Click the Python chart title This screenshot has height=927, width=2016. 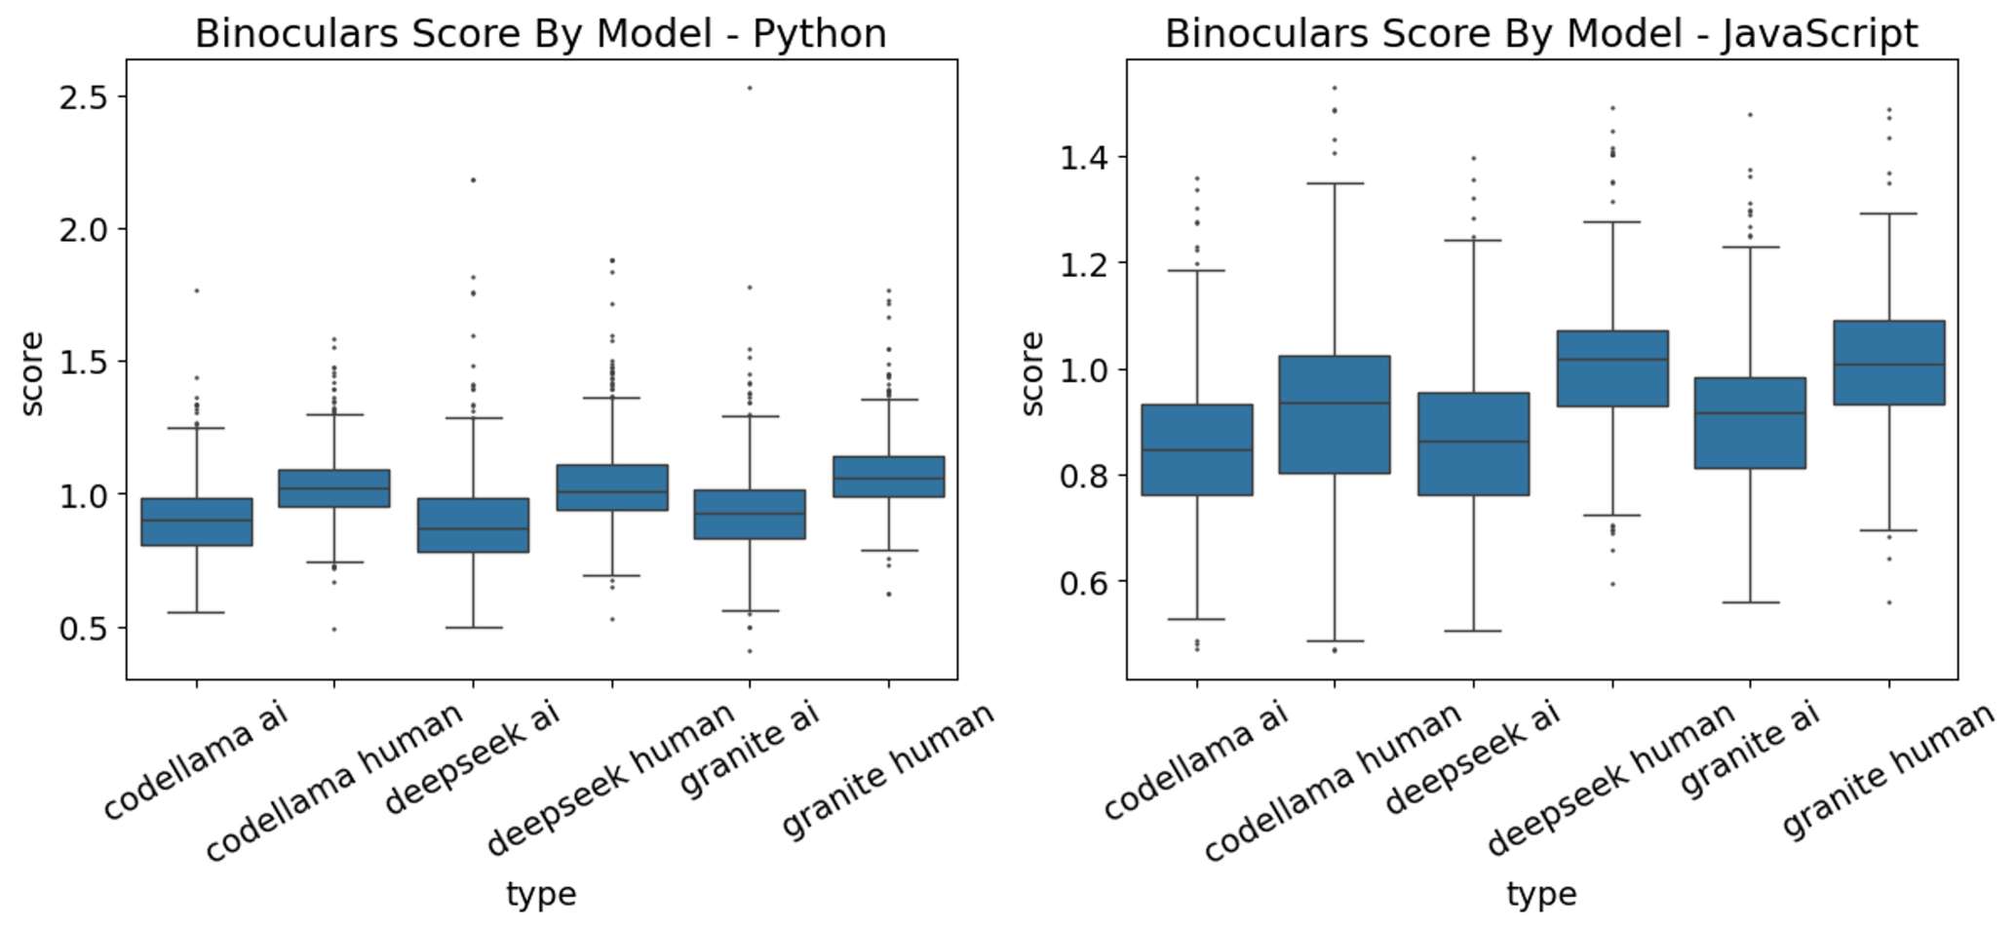[540, 34]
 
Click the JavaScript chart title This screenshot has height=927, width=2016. [1540, 34]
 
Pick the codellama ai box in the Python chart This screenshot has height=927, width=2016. [197, 521]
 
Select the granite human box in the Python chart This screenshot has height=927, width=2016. [888, 477]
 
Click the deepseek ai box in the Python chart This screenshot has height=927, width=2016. [474, 525]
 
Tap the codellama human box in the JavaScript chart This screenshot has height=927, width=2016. [1335, 414]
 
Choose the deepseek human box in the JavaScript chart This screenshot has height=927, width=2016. [1612, 368]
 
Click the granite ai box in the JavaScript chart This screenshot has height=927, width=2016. [1751, 423]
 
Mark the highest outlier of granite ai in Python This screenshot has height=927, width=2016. [750, 88]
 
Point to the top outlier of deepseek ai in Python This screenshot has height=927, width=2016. [474, 180]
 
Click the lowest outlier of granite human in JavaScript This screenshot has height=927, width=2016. [1889, 602]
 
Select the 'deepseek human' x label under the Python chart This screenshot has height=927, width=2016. [610, 780]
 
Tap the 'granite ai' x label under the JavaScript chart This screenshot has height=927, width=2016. [1751, 751]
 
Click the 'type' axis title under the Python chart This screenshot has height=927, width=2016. [540, 894]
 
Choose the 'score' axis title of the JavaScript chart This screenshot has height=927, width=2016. [1032, 373]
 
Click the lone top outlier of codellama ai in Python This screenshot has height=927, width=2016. [197, 290]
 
